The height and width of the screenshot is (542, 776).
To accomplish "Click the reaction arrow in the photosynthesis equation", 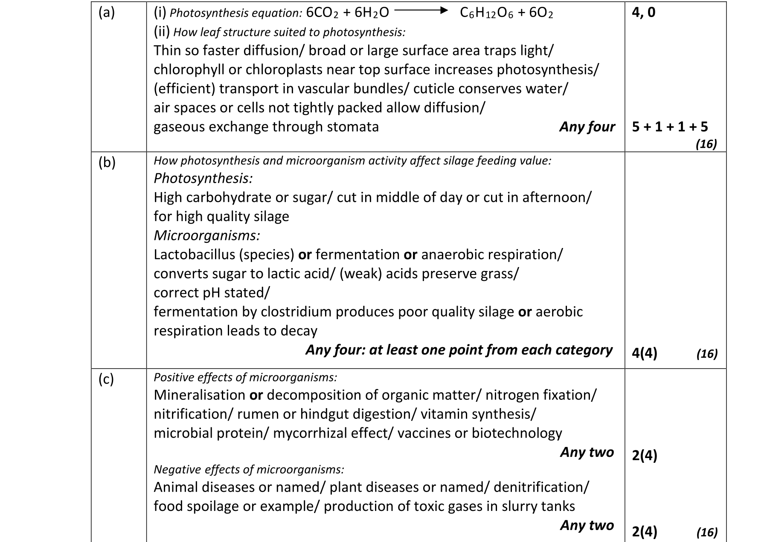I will [421, 12].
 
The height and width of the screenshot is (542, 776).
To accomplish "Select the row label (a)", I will [107, 13].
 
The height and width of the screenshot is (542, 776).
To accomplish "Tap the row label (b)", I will [107, 162].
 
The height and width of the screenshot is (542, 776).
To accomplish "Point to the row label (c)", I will [106, 379].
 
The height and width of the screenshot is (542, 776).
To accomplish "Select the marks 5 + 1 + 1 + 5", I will [670, 127].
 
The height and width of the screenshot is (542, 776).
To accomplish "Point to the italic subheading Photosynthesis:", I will [203, 178].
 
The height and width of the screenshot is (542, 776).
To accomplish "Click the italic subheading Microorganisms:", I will [206, 235].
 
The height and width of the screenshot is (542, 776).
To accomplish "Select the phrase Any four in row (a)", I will [587, 127].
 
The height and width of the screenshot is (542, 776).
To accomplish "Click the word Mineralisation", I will [200, 395].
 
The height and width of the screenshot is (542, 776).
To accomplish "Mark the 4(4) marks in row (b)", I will [644, 353].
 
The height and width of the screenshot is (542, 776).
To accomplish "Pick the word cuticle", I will [434, 89].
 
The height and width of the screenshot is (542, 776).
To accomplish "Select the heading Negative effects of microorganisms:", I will [249, 469].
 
